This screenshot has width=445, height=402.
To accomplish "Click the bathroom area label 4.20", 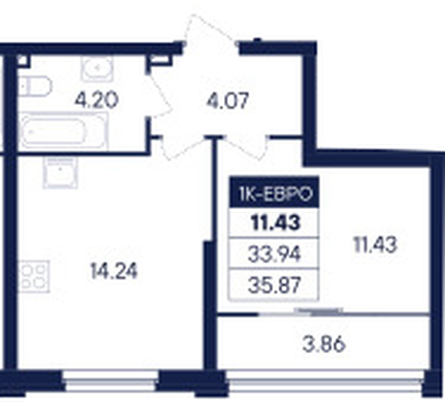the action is pos(96,100).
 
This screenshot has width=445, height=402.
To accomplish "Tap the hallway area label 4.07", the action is pos(227,101).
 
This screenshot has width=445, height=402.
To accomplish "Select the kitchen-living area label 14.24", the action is pos(114,271).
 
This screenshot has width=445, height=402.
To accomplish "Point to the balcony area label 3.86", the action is pos(324,344).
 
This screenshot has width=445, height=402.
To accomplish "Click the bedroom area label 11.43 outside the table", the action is pos(376,245).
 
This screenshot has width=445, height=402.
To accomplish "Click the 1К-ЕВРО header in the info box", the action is pos(275,194).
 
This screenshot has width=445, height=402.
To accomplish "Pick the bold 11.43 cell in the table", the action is pos(275,223).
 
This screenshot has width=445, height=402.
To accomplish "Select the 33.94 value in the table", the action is pos(274,254).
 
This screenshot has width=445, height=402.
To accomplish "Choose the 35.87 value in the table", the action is pos(274,285).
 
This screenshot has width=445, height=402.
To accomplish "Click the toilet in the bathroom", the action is pos(35,86).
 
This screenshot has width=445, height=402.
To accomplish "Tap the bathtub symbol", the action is pos(63,132).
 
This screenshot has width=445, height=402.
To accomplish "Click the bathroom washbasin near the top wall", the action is pos(97,68).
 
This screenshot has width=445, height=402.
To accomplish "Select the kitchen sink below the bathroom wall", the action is pos(61,173).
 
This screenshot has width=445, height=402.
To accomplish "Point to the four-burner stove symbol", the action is pos(34,277).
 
